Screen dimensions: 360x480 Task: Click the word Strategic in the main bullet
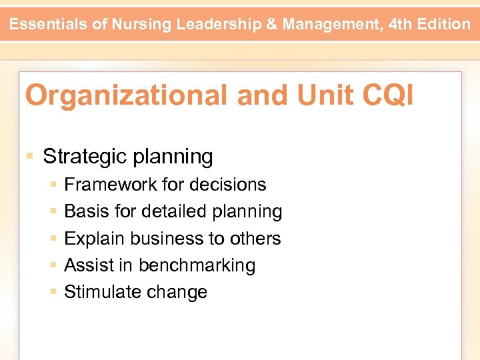[85, 157]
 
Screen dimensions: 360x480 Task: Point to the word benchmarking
[197, 265]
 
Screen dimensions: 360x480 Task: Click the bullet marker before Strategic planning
[29, 157]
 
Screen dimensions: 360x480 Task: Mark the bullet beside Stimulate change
[53, 292]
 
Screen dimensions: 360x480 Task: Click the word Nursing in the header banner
[140, 25]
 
